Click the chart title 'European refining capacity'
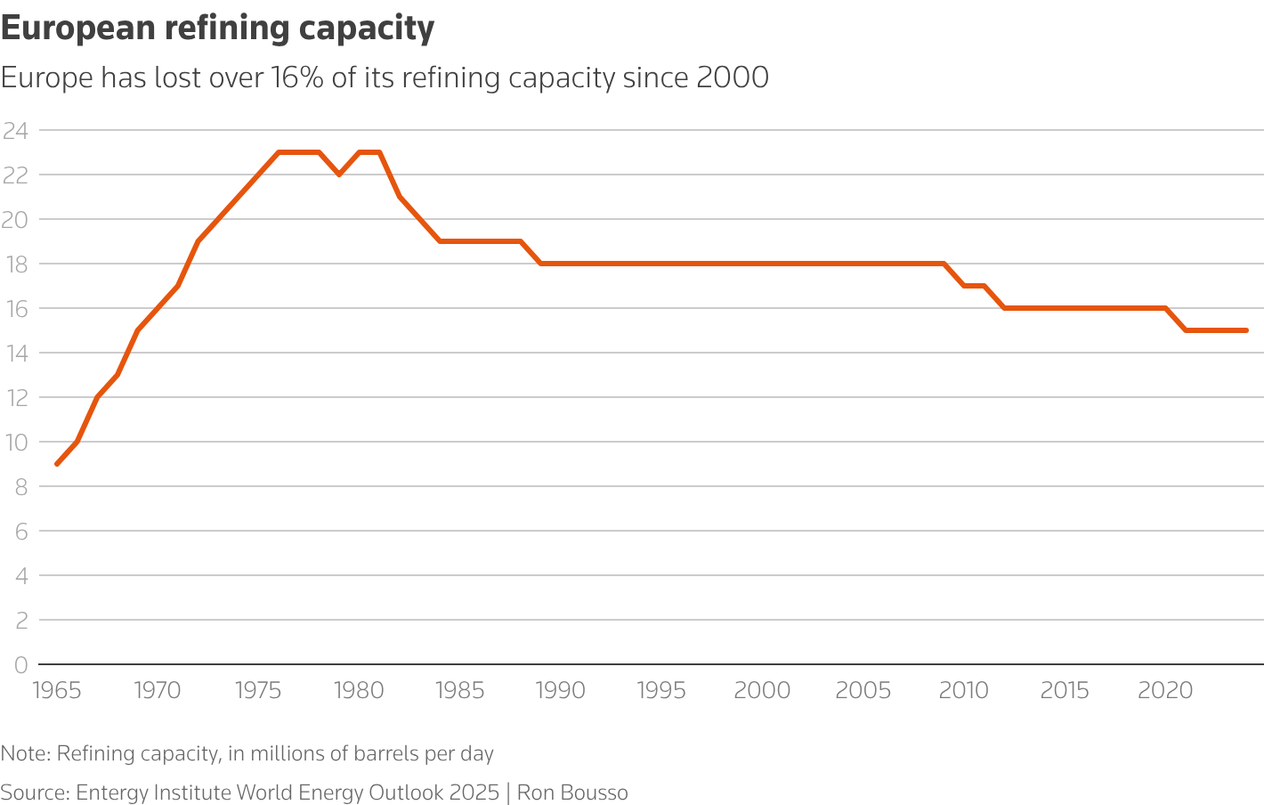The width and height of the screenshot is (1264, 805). [x=217, y=28]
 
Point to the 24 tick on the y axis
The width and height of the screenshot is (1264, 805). [x=15, y=131]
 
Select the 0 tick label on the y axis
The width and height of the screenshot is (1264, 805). [x=20, y=664]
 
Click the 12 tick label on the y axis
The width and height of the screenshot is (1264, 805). [x=15, y=397]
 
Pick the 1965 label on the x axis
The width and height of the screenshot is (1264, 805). [x=57, y=691]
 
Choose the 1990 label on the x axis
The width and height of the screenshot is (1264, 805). [x=561, y=691]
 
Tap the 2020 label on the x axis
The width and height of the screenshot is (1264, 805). [x=1166, y=691]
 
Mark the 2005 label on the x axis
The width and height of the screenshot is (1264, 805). [x=863, y=691]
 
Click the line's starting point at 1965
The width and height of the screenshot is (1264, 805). [x=57, y=464]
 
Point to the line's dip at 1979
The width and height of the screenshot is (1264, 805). [x=339, y=175]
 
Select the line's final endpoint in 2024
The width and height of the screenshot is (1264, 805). [x=1246, y=330]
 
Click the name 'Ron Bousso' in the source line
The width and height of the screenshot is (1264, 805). [x=572, y=793]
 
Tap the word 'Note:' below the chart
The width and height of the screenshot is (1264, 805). [x=25, y=754]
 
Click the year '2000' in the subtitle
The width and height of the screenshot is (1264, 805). [x=732, y=78]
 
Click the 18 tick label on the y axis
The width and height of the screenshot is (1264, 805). [x=15, y=264]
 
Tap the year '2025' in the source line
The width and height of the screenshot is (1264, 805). [x=474, y=793]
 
